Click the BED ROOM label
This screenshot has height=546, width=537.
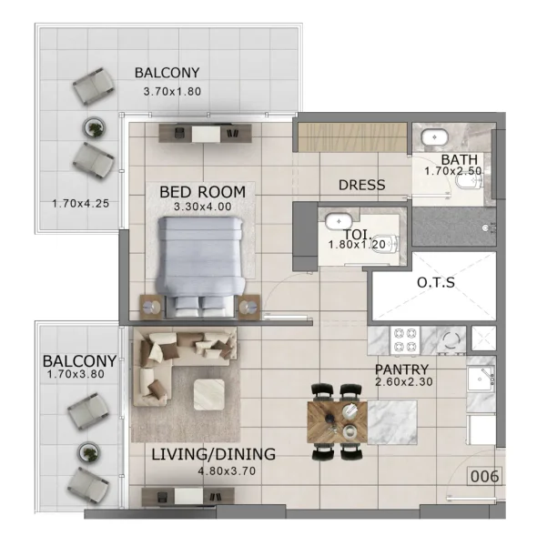tap(202, 192)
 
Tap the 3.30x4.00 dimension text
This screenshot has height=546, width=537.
tap(202, 207)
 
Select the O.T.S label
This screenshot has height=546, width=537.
tap(436, 283)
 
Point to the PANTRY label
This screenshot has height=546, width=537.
tap(401, 369)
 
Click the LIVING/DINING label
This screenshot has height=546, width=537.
tap(214, 454)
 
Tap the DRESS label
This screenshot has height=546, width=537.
tap(361, 185)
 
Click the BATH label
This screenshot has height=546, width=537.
tap(452, 157)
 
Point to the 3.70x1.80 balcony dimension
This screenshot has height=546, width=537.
tap(172, 91)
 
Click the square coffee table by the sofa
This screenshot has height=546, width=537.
tap(209, 393)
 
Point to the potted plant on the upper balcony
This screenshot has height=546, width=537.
tap(92, 126)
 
